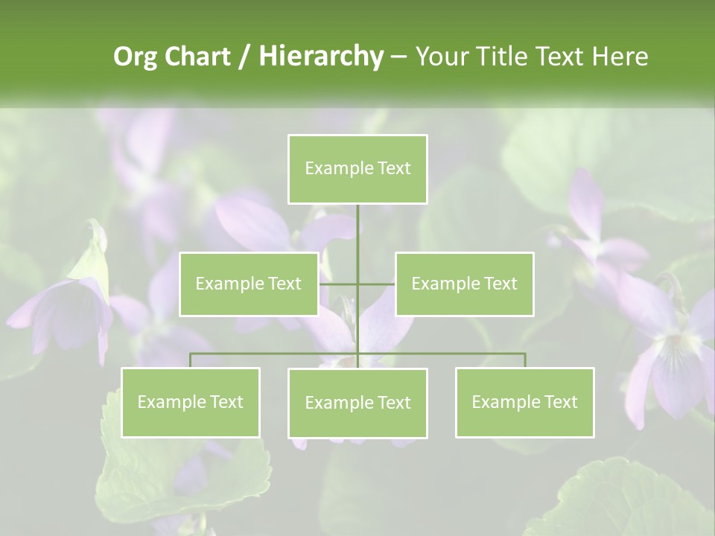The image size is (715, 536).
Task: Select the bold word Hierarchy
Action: pyautogui.click(x=320, y=57)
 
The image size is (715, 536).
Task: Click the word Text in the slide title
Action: pyautogui.click(x=563, y=57)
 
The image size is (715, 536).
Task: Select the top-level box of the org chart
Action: pyautogui.click(x=357, y=169)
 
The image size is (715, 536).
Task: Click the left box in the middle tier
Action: pyautogui.click(x=249, y=284)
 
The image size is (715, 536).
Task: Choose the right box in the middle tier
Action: pyautogui.click(x=464, y=284)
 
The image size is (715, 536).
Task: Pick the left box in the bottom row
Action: pyautogui.click(x=191, y=402)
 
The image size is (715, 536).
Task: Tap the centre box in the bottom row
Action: pyautogui.click(x=357, y=403)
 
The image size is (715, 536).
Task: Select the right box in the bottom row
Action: pyautogui.click(x=524, y=402)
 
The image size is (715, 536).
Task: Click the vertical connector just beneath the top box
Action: pyautogui.click(x=357, y=231)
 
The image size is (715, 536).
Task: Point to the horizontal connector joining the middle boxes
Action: pyautogui.click(x=339, y=284)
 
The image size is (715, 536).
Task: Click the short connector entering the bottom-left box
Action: pyautogui.click(x=191, y=360)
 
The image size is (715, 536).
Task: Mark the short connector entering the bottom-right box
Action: pyautogui.click(x=524, y=360)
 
